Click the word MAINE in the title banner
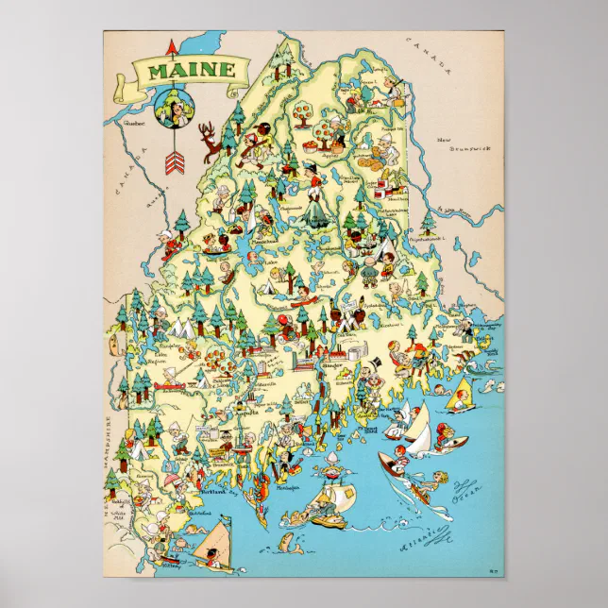(179, 70)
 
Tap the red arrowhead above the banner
(171, 44)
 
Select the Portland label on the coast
(215, 492)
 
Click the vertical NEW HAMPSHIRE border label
(109, 444)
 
